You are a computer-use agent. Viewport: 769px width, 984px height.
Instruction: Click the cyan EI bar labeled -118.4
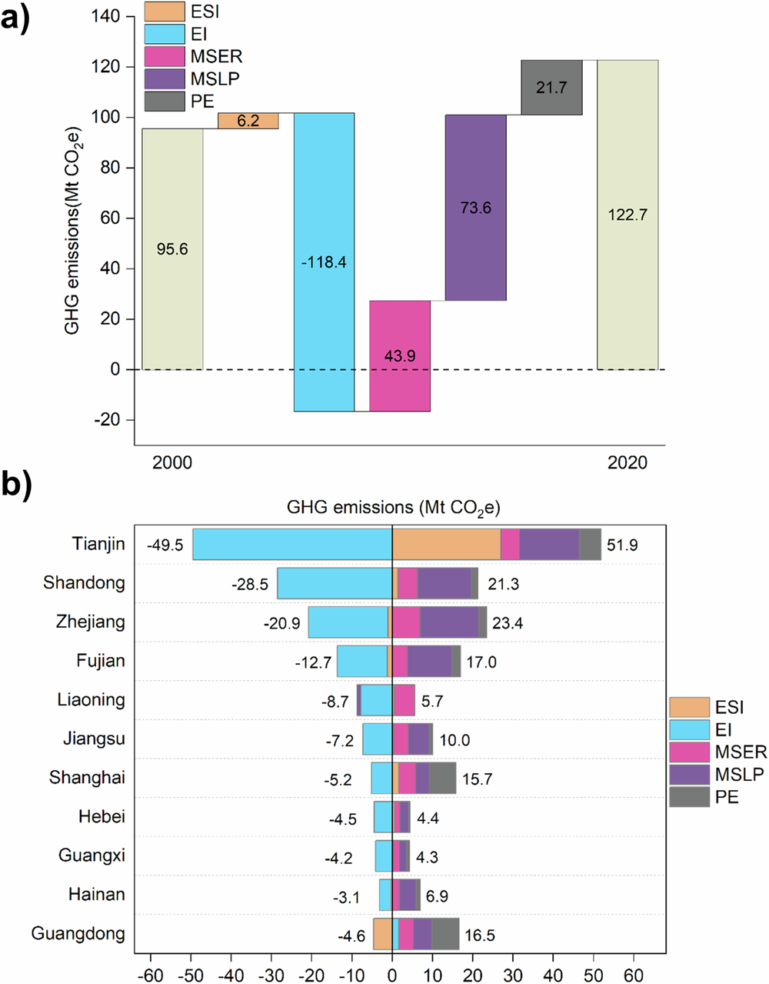[x=324, y=231]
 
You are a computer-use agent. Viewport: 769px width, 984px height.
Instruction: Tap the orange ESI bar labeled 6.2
[x=248, y=121]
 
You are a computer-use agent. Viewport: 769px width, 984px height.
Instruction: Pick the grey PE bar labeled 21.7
[x=551, y=87]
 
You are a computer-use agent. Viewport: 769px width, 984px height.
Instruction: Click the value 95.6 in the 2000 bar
[x=172, y=249]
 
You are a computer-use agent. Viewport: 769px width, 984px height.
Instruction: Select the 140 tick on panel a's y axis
[x=106, y=17]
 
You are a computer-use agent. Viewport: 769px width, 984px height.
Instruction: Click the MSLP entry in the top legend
[x=215, y=78]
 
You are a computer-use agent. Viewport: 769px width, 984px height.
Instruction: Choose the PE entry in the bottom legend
[x=727, y=796]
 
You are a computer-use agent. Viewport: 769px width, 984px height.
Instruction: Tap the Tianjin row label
[x=98, y=544]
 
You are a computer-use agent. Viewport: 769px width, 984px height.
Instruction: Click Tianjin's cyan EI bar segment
[x=292, y=544]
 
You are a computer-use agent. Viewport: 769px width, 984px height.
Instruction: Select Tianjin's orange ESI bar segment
[x=446, y=544]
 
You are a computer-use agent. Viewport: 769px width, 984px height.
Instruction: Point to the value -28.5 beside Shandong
[x=250, y=585]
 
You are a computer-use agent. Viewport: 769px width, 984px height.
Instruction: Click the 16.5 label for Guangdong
[x=480, y=936]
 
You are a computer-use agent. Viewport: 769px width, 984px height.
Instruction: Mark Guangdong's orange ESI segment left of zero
[x=382, y=934]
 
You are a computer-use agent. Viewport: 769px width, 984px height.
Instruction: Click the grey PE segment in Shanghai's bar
[x=442, y=778]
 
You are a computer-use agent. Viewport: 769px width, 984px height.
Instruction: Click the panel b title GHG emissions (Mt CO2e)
[x=393, y=508]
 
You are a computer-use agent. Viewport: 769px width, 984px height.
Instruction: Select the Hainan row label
[x=96, y=895]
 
